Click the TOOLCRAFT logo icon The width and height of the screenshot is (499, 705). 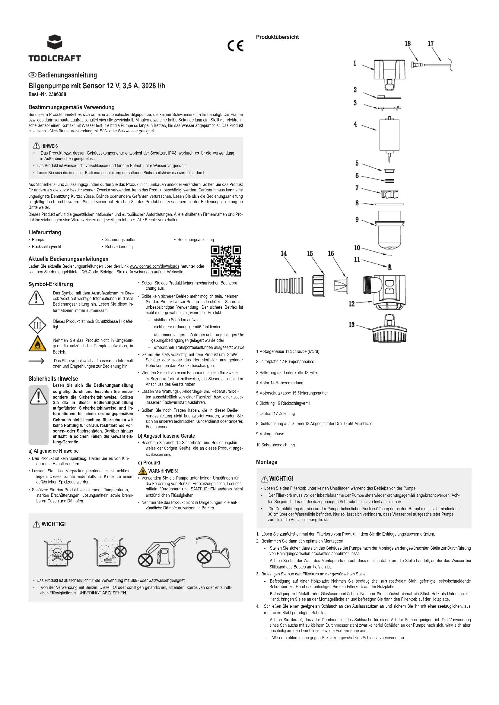click(x=55, y=42)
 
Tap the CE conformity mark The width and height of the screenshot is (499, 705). click(x=235, y=46)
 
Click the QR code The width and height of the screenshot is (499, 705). click(x=226, y=261)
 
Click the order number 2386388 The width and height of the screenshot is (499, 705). click(x=57, y=94)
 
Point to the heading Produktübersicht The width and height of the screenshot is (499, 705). click(x=277, y=37)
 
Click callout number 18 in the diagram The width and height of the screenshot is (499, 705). click(x=408, y=44)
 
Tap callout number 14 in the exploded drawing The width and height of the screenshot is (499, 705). click(x=283, y=253)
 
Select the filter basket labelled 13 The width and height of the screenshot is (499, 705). click(x=389, y=329)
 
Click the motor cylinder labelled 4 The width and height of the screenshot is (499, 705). click(x=389, y=135)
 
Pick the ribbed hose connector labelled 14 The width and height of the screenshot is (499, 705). click(x=288, y=285)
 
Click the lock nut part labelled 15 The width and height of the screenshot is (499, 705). click(x=319, y=285)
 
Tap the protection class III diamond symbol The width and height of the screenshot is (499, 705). click(x=37, y=325)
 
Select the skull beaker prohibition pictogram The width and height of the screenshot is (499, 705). click(x=59, y=553)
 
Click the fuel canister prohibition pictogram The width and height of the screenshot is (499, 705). click(x=161, y=553)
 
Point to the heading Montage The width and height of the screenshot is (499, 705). click(x=266, y=462)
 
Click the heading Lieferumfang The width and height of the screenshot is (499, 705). click(x=45, y=232)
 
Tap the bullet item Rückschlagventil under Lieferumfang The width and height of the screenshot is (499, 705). click(x=46, y=247)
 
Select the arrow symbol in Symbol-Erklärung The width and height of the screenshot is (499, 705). click(x=37, y=361)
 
